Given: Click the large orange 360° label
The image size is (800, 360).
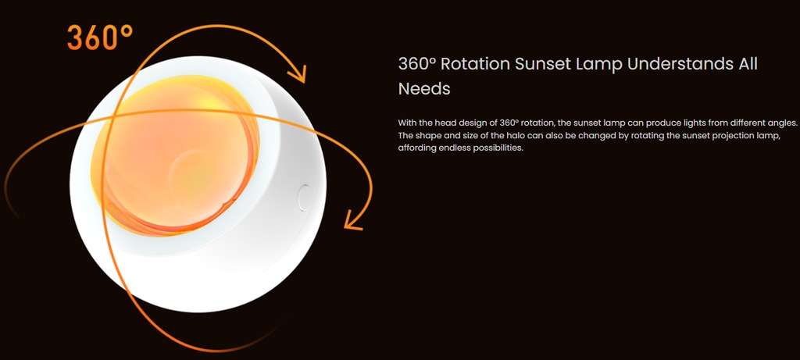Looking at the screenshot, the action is pos(100,37).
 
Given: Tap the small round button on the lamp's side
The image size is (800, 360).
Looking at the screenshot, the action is pos(305,198).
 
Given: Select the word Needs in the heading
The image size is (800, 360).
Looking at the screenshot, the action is pos(424,89).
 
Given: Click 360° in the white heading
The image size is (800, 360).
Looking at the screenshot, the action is pos(417,64).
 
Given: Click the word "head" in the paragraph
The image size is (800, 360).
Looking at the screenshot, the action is pos(442,123).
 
